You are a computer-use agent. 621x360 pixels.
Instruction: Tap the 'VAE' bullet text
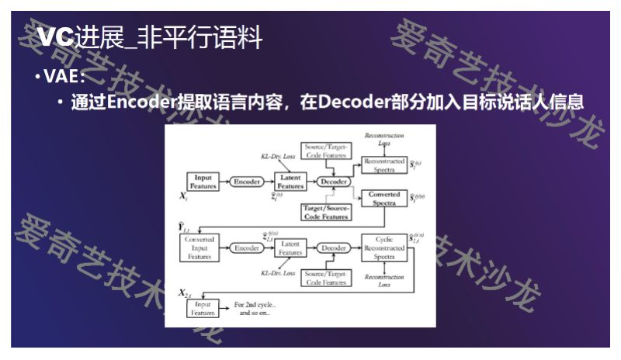64,77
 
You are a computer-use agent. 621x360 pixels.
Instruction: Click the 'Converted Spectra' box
384,199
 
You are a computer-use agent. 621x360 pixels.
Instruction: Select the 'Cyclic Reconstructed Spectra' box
384,247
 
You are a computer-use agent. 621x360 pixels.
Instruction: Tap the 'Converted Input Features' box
200,247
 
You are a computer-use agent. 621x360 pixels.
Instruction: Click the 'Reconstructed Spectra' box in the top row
384,164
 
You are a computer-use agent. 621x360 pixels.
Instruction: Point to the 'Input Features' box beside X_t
203,181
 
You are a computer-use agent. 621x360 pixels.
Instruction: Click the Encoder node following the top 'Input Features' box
248,181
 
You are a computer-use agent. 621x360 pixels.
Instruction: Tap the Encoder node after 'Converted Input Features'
248,247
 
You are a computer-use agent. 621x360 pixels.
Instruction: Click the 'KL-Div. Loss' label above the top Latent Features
276,157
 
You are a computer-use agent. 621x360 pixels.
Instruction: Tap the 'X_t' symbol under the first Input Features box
184,198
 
